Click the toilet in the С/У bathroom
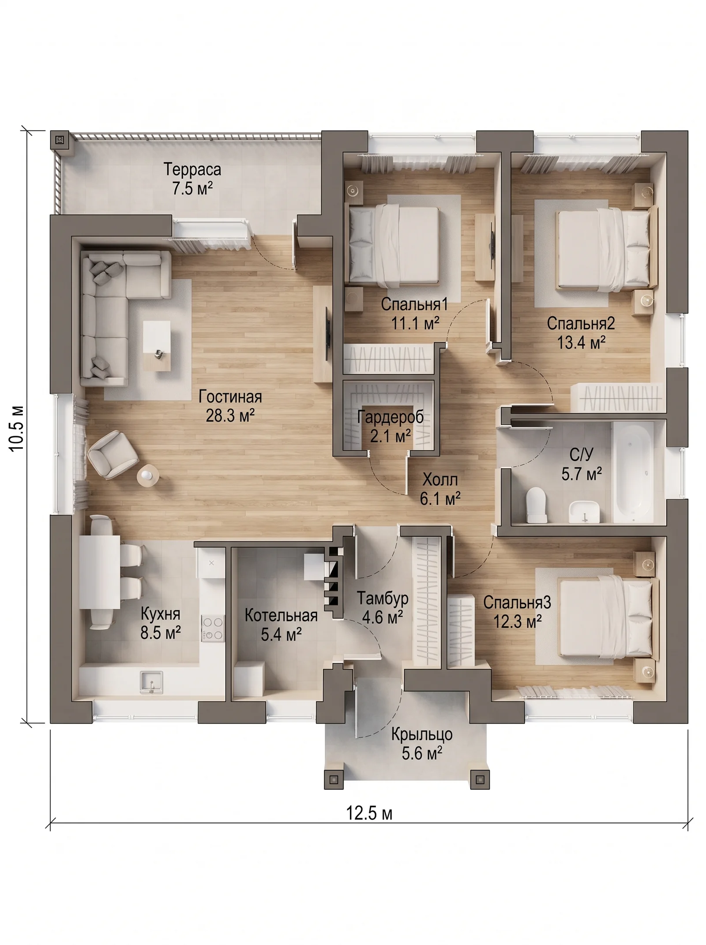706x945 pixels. [x=537, y=504]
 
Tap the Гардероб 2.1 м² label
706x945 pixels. [x=391, y=426]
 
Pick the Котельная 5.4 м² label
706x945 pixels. [x=281, y=625]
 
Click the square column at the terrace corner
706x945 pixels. [x=60, y=141]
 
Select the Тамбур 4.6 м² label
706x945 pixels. [x=383, y=608]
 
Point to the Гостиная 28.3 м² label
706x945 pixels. [x=230, y=406]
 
